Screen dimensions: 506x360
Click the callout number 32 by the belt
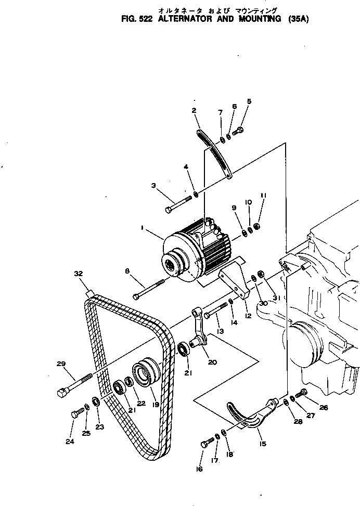tap(78, 273)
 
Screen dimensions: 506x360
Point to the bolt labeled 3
tap(178, 203)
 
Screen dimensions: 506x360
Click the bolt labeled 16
tap(207, 443)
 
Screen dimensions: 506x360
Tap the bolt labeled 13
tap(214, 310)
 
